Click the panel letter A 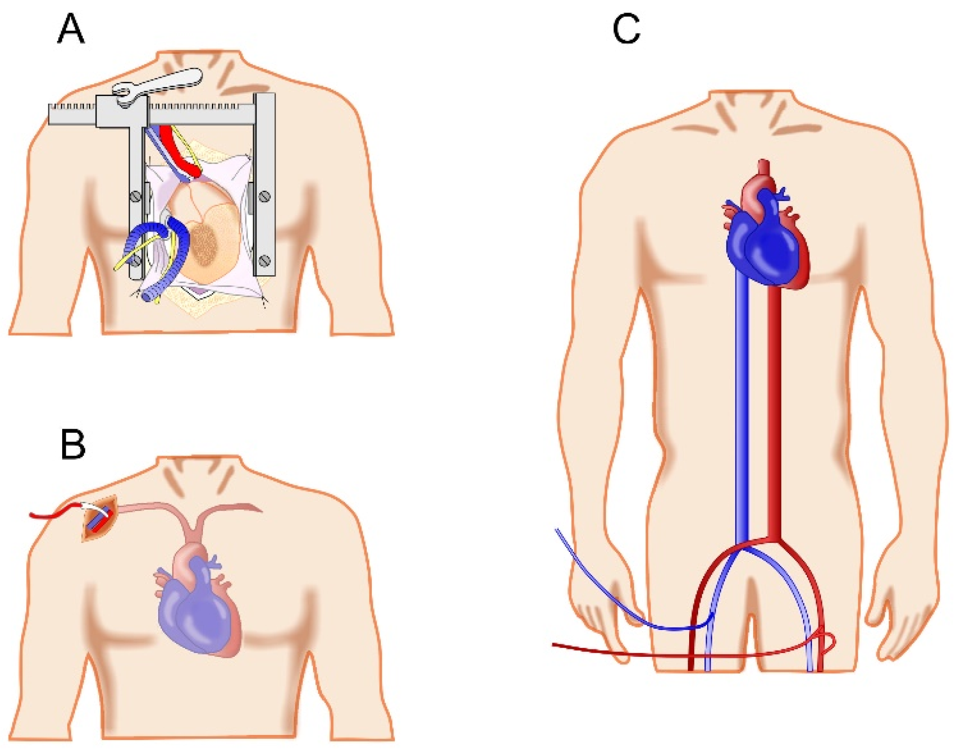(71, 29)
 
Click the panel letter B (73, 445)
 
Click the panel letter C (626, 29)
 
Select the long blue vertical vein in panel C (742, 400)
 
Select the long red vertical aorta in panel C (774, 400)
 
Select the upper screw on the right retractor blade (265, 196)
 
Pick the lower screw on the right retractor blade (265, 260)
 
